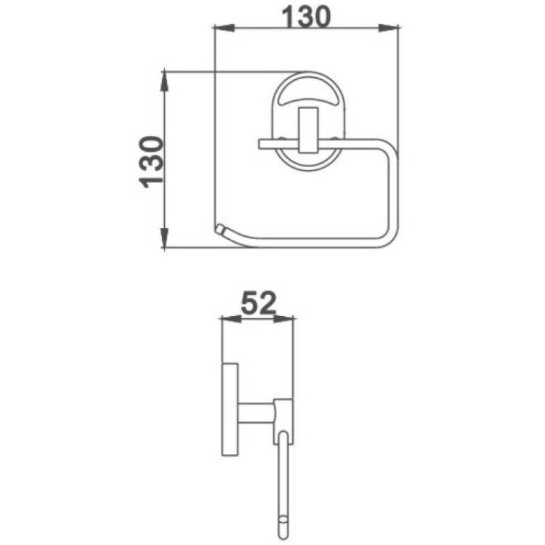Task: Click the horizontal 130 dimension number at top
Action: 306,17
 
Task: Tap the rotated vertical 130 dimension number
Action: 151,162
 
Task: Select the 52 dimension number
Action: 259,303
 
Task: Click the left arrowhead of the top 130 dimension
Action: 224,28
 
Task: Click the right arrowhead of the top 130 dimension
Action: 389,28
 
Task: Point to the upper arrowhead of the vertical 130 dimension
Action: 164,81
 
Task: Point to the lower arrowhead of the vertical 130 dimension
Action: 164,238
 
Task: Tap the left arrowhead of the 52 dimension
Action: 231,318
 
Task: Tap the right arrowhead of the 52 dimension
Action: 284,318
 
